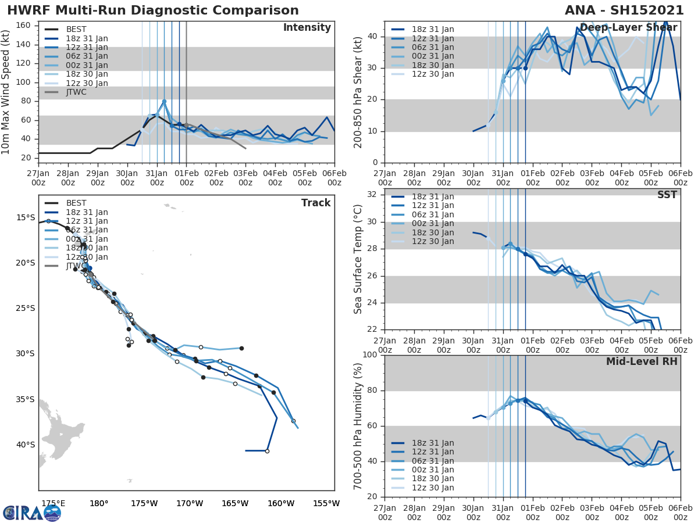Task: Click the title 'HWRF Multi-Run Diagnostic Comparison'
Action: pos(153,10)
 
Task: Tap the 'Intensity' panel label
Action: pos(307,28)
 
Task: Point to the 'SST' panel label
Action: pos(667,195)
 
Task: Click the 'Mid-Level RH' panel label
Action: pos(642,361)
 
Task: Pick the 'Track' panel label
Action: pos(316,203)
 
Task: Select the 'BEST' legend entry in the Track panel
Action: pos(76,203)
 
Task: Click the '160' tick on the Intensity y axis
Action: pos(23,26)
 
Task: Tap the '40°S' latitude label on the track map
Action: pos(25,445)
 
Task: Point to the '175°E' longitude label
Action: pos(53,503)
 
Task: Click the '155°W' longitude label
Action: pos(326,503)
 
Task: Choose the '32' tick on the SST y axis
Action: pos(371,194)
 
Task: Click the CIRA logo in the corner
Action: pos(31,513)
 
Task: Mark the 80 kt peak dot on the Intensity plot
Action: pos(164,101)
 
